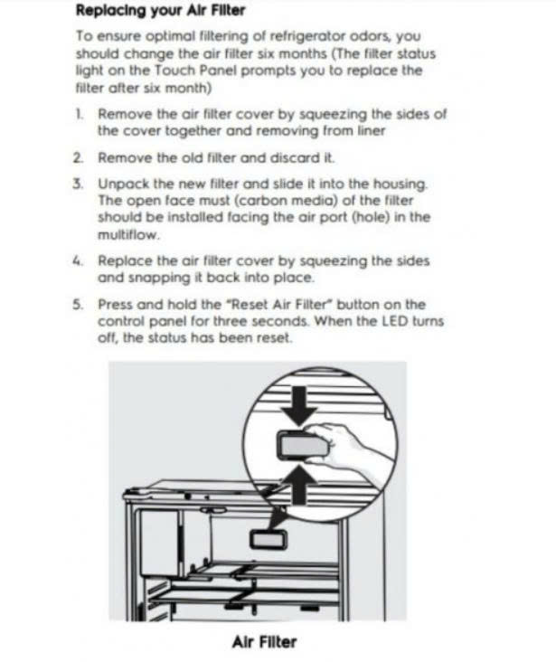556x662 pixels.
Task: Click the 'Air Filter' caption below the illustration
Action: tap(263, 642)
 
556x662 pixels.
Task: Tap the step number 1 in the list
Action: tap(79, 116)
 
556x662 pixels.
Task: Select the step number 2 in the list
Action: tap(79, 157)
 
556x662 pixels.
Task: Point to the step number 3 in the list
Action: tap(79, 184)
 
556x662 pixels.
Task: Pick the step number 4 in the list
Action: tap(79, 260)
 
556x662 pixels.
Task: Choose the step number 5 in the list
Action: tap(79, 305)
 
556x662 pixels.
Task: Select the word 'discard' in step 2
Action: tap(288, 157)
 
